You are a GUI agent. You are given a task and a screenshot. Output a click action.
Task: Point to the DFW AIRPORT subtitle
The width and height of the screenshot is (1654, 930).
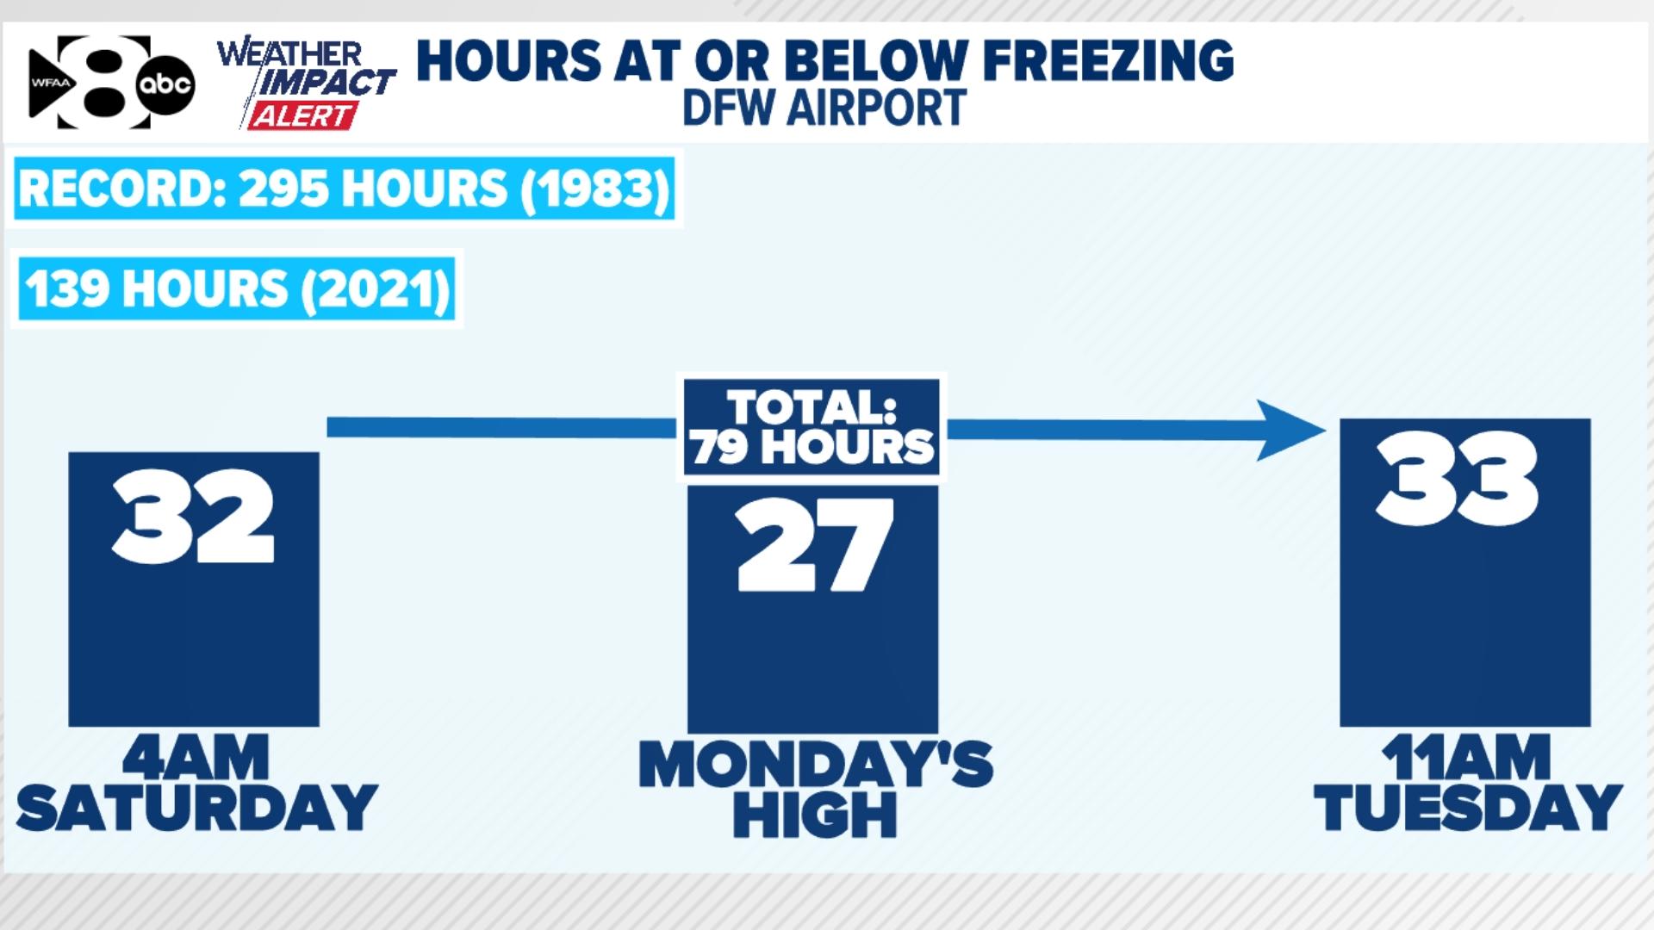click(824, 108)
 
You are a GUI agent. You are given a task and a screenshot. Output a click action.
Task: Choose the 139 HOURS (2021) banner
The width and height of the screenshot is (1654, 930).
click(237, 288)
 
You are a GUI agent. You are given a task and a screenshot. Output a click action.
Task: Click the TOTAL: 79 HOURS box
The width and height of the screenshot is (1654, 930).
click(812, 427)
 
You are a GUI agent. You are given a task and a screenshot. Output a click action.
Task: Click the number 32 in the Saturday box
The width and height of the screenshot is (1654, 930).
click(194, 516)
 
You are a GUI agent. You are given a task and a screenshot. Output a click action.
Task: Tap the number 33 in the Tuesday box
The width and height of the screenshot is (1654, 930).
click(1458, 479)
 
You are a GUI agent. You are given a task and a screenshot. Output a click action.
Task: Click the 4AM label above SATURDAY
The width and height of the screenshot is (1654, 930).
click(196, 758)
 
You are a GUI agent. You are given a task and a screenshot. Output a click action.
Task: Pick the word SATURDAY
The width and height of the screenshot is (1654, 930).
click(196, 808)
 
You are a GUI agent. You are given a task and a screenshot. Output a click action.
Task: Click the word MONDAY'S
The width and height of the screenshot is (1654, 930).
click(816, 764)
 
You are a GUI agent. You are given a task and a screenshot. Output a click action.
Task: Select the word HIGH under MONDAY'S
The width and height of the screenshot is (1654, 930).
click(815, 815)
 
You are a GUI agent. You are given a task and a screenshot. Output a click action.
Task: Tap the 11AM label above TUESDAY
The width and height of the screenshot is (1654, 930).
click(1466, 758)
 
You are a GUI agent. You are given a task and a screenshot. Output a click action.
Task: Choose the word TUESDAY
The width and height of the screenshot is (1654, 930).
click(1468, 808)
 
